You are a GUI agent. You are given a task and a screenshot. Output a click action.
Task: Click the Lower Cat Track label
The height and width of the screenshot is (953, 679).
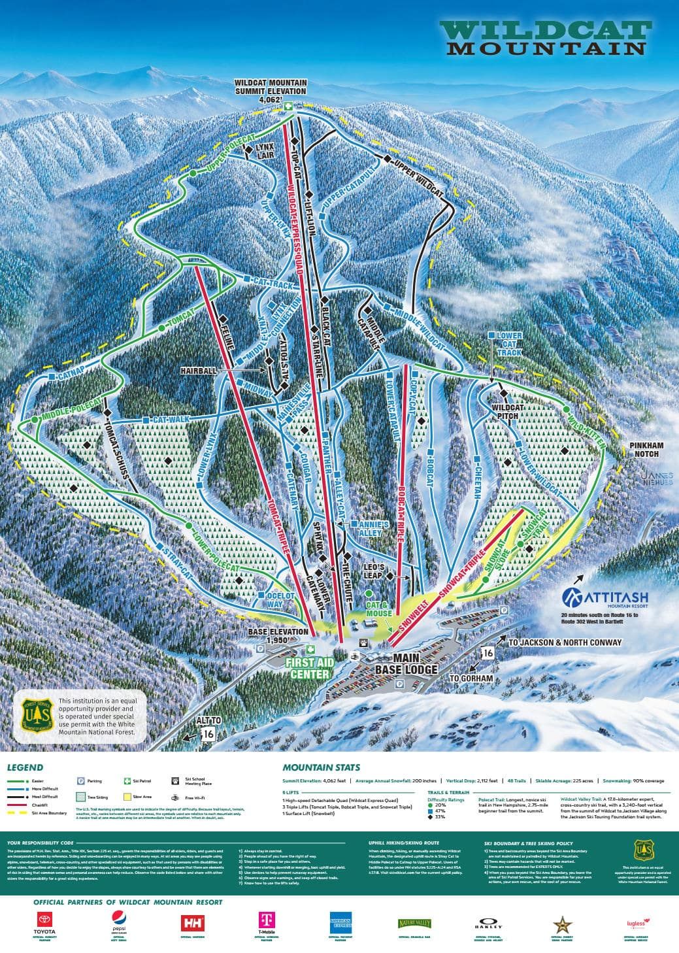tap(509, 344)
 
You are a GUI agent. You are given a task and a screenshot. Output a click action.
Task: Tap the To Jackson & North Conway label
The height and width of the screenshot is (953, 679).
tap(564, 642)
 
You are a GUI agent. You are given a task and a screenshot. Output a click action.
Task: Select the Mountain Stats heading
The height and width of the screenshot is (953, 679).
tap(321, 767)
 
